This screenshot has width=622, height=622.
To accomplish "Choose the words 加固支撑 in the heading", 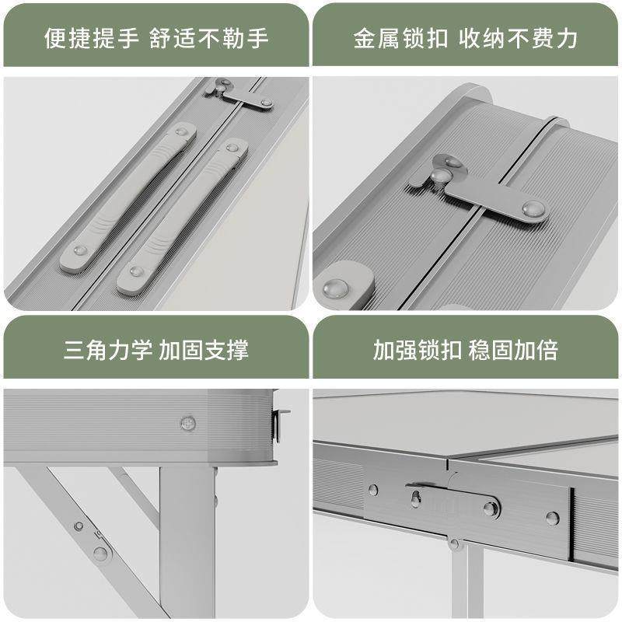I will [204, 349].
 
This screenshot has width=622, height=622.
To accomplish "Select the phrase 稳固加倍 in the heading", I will [513, 349].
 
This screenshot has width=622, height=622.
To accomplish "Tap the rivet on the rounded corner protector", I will [337, 288].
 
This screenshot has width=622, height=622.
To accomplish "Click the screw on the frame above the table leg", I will [187, 423].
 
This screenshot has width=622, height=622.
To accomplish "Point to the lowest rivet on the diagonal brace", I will [100, 554].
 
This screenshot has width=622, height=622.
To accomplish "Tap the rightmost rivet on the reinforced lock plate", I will [552, 518].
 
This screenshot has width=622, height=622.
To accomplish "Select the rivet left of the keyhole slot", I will [373, 491].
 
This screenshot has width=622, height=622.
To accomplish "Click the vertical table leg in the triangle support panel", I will [187, 544].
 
